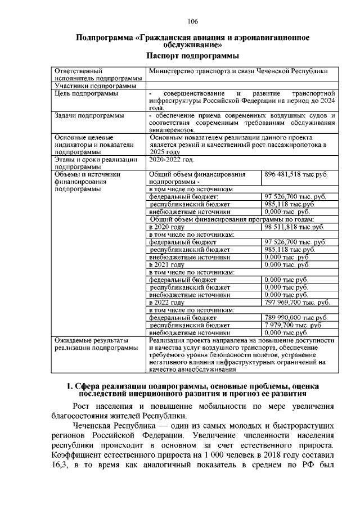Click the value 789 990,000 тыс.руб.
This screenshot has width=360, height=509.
click(295, 317)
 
